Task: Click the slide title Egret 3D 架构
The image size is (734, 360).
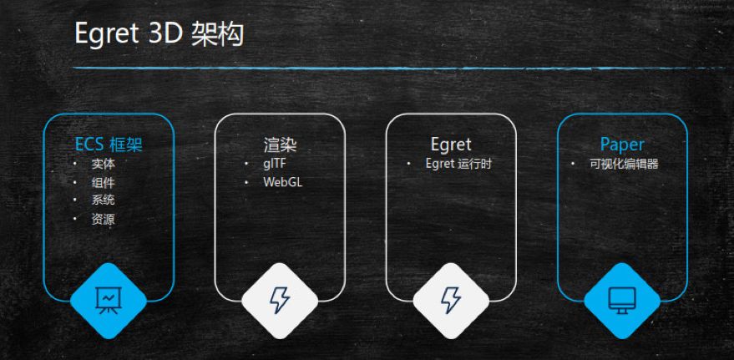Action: click(x=159, y=34)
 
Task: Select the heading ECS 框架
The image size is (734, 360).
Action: click(x=109, y=145)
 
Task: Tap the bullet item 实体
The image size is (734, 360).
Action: click(x=104, y=165)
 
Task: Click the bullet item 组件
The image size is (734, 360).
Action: click(x=104, y=183)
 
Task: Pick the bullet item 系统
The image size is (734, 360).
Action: click(x=104, y=201)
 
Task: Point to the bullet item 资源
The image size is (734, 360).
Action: click(x=104, y=220)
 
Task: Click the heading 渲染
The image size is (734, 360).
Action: click(x=280, y=145)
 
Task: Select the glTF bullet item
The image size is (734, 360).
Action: click(x=275, y=164)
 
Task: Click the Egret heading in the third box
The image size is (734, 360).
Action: click(x=451, y=145)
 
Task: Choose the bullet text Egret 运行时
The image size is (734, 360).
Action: click(x=458, y=164)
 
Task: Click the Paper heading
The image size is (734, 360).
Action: click(x=622, y=145)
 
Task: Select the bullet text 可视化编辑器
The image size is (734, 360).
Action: click(x=624, y=164)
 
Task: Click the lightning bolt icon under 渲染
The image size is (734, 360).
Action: click(x=280, y=299)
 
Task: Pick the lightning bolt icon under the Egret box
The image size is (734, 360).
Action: click(x=451, y=299)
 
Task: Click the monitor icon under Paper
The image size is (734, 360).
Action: click(x=622, y=299)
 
